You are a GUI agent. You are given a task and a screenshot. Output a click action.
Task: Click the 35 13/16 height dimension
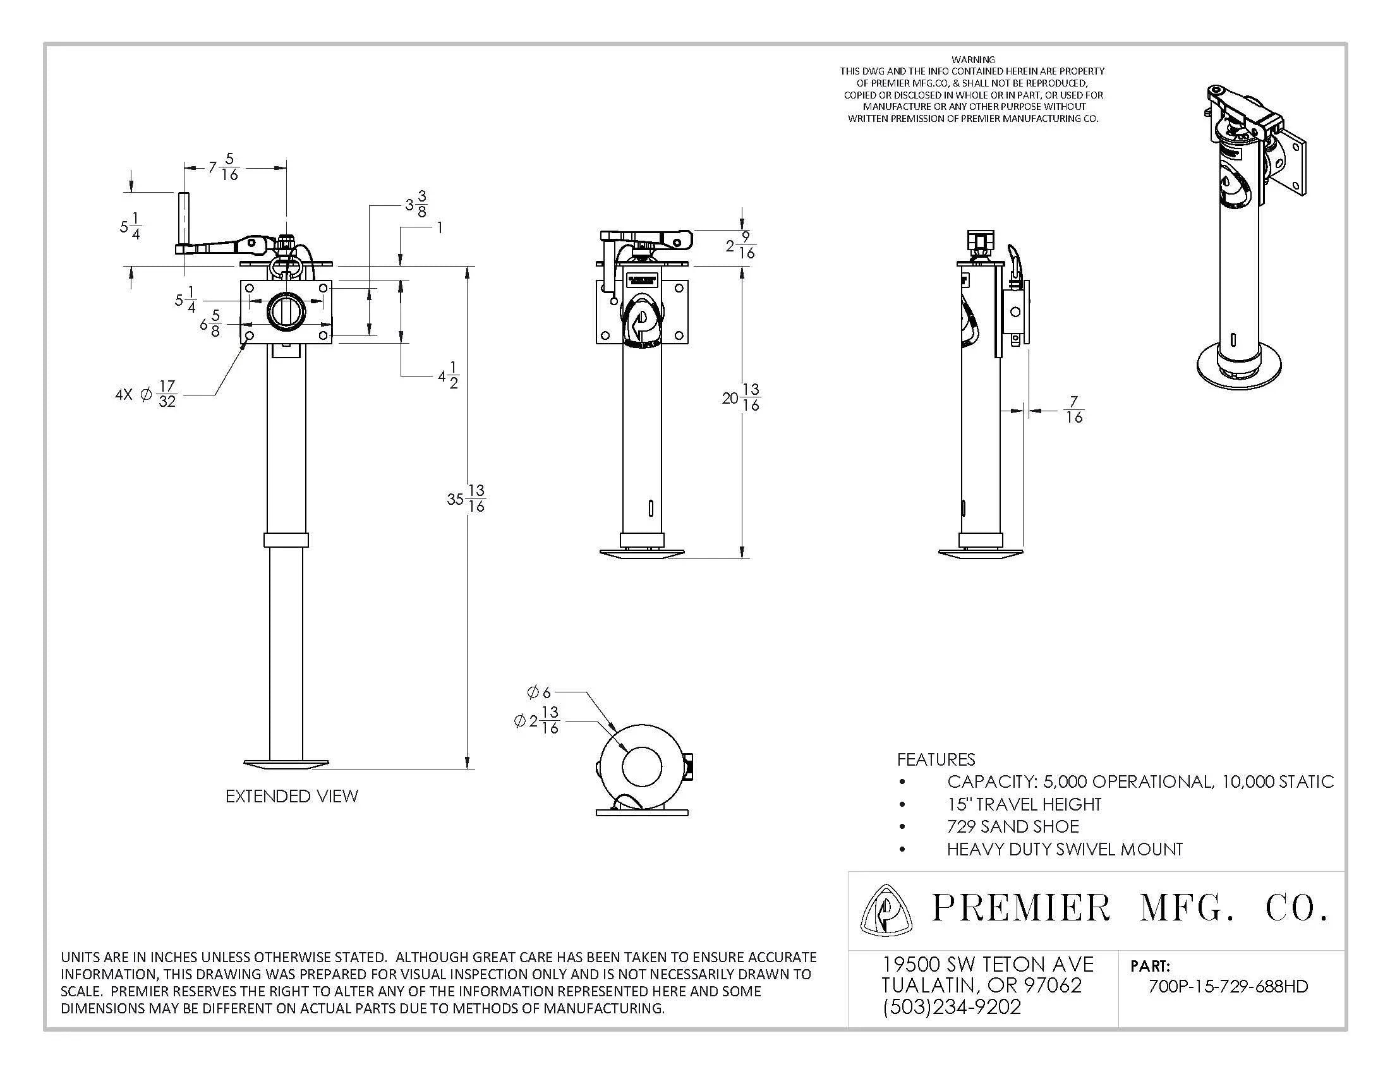point(466,498)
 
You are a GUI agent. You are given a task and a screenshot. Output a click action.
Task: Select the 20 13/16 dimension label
point(741,397)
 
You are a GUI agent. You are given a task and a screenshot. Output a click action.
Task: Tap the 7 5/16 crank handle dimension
point(224,167)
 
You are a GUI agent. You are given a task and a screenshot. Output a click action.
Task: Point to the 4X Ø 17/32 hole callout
point(146,394)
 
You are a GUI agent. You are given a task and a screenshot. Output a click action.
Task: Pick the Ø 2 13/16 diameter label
point(536,720)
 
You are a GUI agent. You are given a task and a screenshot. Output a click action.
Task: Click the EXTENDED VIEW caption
point(291,796)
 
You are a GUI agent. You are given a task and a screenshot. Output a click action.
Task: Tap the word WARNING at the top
point(972,59)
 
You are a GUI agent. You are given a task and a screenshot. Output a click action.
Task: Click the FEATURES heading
point(936,759)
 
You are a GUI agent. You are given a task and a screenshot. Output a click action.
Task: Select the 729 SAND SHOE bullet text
point(1013,826)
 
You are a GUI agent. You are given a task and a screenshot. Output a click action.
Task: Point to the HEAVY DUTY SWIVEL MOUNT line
point(1064,848)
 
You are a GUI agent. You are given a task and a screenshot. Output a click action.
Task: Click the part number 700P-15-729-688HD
point(1228,986)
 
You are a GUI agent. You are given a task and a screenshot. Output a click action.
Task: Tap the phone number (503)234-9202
point(952,1006)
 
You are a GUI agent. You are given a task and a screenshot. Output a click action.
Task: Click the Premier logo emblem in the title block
point(886,910)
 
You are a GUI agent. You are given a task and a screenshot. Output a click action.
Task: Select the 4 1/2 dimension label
point(448,375)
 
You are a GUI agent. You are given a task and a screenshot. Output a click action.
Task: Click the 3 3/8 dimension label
point(416,204)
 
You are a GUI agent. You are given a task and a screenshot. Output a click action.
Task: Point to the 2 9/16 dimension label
point(740,246)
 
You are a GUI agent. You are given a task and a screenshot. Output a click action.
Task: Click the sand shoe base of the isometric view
point(1238,370)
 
